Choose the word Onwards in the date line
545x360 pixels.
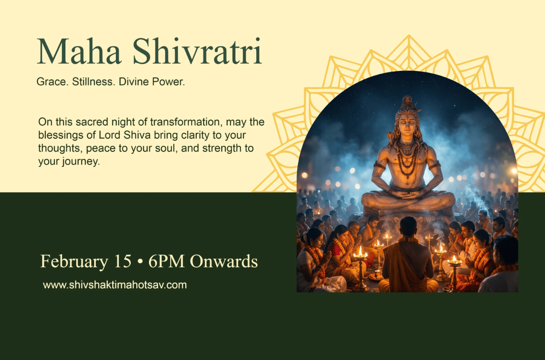(223, 261)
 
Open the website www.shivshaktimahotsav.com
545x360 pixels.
(115, 285)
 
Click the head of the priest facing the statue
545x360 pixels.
(408, 226)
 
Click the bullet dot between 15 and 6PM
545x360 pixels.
(140, 262)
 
